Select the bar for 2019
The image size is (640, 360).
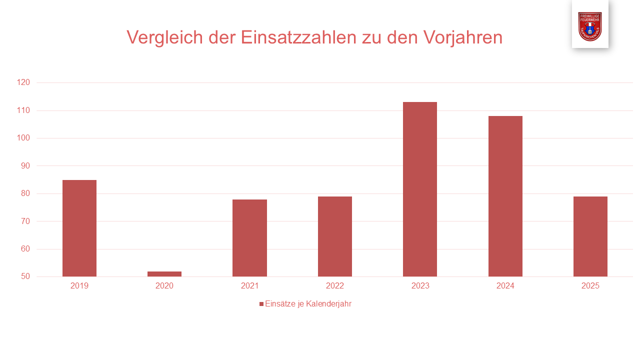79,228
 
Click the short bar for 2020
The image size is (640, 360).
164,274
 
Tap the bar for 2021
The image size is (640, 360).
249,238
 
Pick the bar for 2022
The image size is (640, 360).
335,236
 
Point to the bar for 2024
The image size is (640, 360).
505,196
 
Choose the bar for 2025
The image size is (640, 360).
590,236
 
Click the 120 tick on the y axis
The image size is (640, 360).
23,82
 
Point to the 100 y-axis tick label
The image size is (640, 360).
23,138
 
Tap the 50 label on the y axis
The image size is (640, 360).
25,276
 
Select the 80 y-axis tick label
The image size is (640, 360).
25,193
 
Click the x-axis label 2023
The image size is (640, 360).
420,286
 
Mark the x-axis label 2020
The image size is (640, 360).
164,286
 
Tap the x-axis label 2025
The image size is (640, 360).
590,286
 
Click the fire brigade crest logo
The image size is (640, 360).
590,26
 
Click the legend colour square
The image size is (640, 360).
261,304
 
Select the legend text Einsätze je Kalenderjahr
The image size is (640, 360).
308,304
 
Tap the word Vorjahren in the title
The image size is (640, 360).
462,37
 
